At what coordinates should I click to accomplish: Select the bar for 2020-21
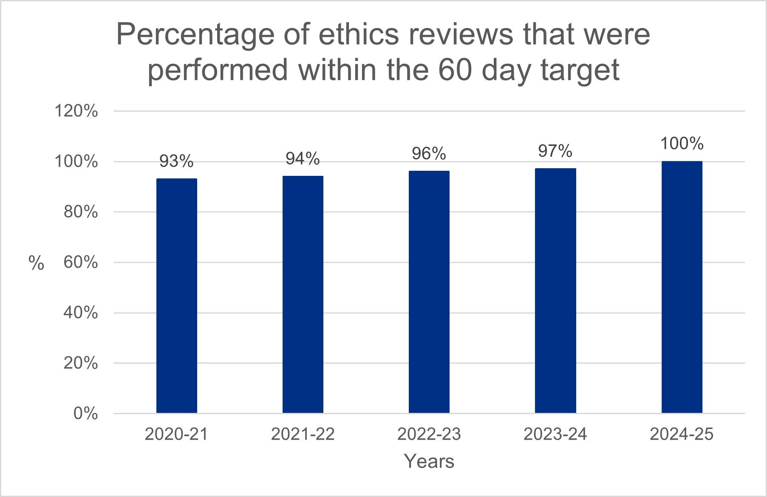(176, 296)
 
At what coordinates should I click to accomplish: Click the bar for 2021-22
(303, 295)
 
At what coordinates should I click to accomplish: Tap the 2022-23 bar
(429, 292)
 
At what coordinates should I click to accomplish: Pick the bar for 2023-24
(555, 291)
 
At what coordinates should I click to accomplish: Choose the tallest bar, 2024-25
(682, 287)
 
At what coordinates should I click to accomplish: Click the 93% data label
(176, 161)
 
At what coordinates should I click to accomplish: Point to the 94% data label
(303, 159)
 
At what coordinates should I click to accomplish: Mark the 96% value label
(429, 154)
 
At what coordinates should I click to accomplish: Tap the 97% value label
(555, 151)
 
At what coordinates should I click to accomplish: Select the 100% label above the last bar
(682, 144)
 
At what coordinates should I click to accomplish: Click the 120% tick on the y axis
(76, 111)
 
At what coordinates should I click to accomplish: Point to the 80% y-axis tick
(81, 212)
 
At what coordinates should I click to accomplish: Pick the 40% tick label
(81, 313)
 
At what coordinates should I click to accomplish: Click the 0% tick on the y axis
(85, 413)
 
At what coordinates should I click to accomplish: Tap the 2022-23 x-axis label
(429, 434)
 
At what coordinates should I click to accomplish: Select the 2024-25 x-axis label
(682, 434)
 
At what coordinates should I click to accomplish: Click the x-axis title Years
(429, 461)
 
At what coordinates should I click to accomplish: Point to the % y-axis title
(36, 263)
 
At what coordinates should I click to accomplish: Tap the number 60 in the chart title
(455, 70)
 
